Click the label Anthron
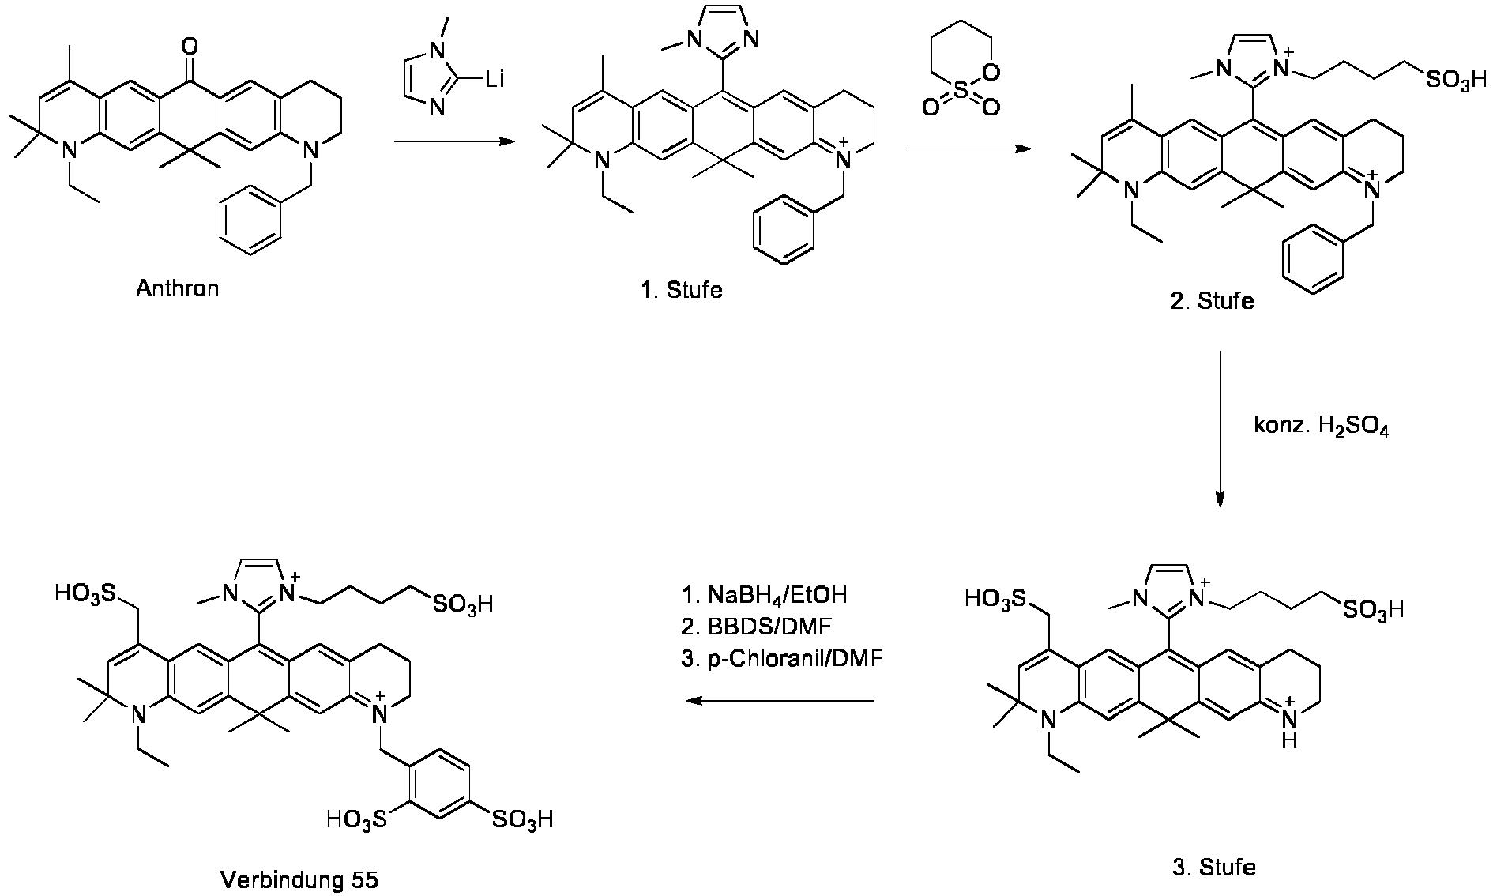[x=177, y=288]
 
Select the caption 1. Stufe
[x=682, y=289]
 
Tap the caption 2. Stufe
[x=1213, y=301]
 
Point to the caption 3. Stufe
[x=1214, y=868]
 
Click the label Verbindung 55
[x=299, y=879]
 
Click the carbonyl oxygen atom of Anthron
[x=190, y=47]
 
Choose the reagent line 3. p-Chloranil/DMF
[x=781, y=658]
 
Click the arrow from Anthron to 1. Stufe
[x=453, y=142]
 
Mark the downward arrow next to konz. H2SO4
[x=1220, y=428]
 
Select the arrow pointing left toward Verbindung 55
[x=779, y=701]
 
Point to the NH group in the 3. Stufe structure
[x=1288, y=728]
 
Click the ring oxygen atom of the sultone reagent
[x=992, y=73]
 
